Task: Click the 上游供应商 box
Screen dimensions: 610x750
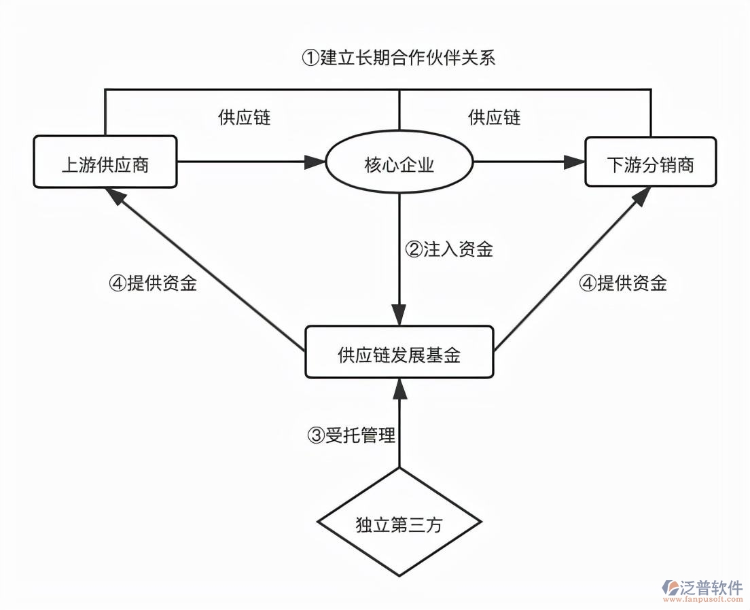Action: pos(105,162)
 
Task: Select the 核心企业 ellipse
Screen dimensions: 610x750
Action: pos(399,164)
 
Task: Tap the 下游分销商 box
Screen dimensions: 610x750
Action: pos(650,162)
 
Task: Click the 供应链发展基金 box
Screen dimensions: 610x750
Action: pos(399,352)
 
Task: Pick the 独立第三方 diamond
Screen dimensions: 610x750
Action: pos(399,523)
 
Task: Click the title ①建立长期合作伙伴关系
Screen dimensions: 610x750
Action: pos(399,58)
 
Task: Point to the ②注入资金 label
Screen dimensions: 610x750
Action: pos(448,249)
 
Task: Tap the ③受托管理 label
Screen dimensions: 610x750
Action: pos(351,435)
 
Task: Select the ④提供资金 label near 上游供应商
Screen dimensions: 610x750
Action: pos(153,283)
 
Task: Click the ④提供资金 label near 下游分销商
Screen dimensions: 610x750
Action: pos(622,283)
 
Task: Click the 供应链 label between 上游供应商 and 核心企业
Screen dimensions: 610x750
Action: pos(244,118)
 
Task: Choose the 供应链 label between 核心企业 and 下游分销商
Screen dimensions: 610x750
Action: pos(494,118)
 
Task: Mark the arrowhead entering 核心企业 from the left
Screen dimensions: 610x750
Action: pos(315,162)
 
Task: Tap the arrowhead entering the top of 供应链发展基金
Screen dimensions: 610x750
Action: pos(399,317)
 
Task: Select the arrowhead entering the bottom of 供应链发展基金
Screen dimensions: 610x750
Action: pos(399,387)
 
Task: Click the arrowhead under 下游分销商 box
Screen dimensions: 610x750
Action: pos(642,196)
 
